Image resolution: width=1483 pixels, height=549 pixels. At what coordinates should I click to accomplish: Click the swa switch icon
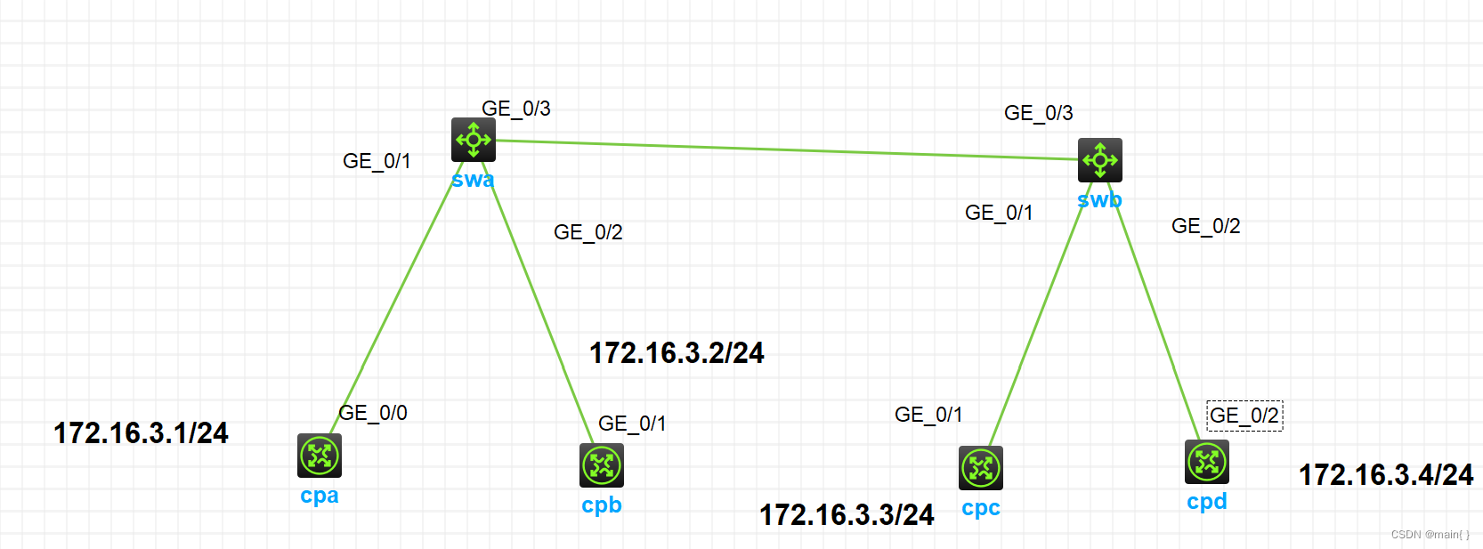[x=473, y=140]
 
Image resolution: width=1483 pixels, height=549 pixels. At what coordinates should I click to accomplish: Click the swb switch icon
[x=1099, y=160]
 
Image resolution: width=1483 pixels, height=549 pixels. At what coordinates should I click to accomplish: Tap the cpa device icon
[x=319, y=456]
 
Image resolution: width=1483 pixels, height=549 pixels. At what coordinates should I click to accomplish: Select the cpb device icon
[x=602, y=465]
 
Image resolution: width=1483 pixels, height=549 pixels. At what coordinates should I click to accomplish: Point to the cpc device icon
[x=980, y=468]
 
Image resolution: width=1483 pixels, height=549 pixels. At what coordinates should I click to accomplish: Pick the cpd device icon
[x=1206, y=462]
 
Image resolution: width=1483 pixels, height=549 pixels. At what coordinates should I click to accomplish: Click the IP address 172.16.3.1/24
[x=141, y=433]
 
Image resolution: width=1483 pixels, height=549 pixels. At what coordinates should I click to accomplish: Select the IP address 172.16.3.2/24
[x=677, y=353]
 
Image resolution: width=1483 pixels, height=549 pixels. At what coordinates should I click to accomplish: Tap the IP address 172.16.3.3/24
[x=847, y=515]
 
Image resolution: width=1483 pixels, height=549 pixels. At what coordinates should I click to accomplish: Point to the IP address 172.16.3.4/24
[x=1386, y=475]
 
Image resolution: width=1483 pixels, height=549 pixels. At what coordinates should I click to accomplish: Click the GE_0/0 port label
[x=373, y=413]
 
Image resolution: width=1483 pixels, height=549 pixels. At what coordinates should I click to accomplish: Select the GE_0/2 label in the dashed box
[x=1244, y=416]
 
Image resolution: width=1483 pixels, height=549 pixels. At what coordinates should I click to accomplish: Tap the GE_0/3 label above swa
[x=515, y=109]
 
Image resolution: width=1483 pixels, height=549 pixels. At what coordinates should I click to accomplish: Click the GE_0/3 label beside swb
[x=1038, y=113]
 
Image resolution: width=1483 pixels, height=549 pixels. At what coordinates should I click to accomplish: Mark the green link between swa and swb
[x=783, y=150]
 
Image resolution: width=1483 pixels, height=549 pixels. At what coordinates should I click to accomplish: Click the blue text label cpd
[x=1206, y=502]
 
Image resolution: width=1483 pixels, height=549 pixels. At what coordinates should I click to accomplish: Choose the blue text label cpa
[x=319, y=496]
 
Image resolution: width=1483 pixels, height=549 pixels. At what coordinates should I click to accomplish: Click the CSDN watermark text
[x=1430, y=535]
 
